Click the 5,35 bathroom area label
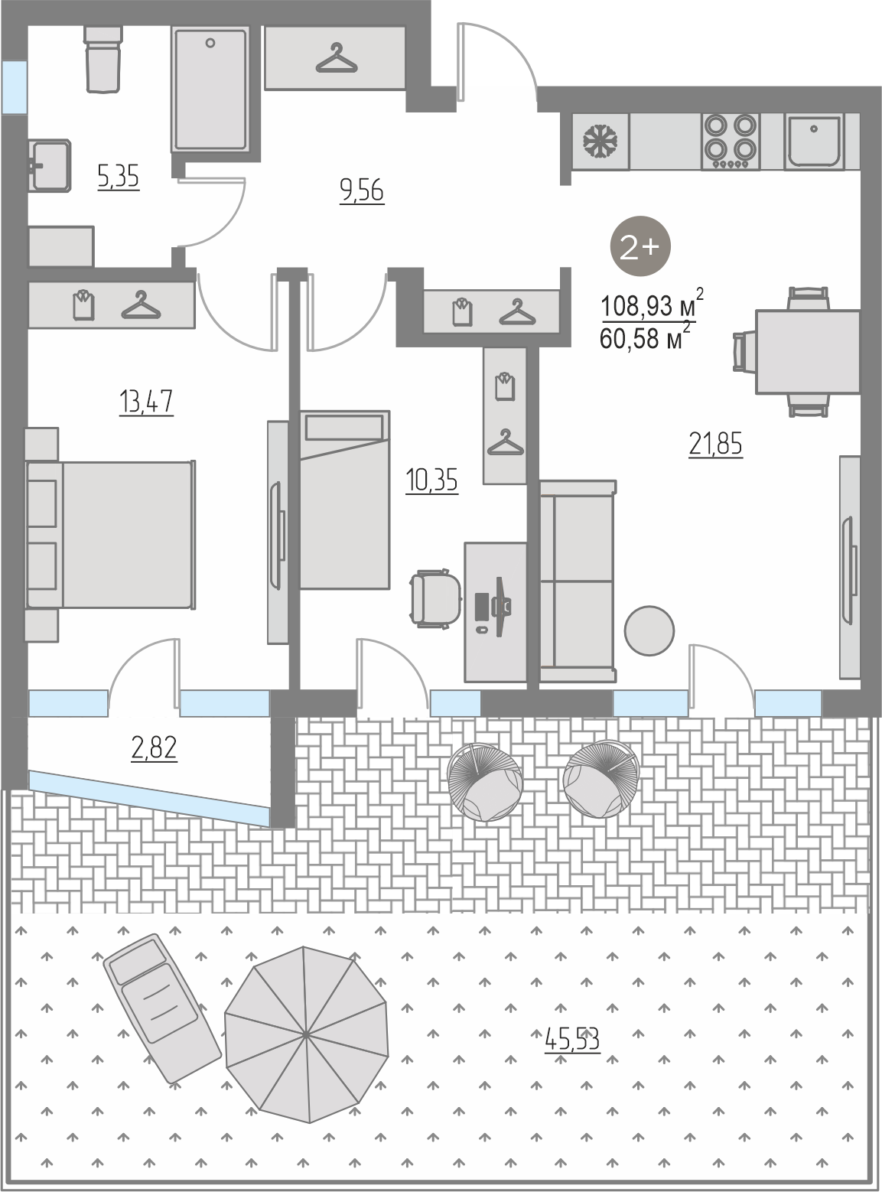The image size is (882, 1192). click(119, 177)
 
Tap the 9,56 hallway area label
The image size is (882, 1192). click(363, 191)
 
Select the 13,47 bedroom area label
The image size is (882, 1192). click(146, 402)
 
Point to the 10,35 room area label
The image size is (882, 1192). click(431, 480)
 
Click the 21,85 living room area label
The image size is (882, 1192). click(715, 445)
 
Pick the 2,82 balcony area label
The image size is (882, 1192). click(155, 747)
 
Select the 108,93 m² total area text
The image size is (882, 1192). click(652, 305)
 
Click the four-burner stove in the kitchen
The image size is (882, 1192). click(731, 142)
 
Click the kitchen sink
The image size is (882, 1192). click(814, 141)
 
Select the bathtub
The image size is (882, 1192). click(210, 90)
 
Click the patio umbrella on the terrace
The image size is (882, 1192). click(306, 1034)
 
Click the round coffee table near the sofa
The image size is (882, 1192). click(649, 630)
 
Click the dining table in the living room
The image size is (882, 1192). click(807, 351)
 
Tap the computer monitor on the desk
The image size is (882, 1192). click(500, 606)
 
